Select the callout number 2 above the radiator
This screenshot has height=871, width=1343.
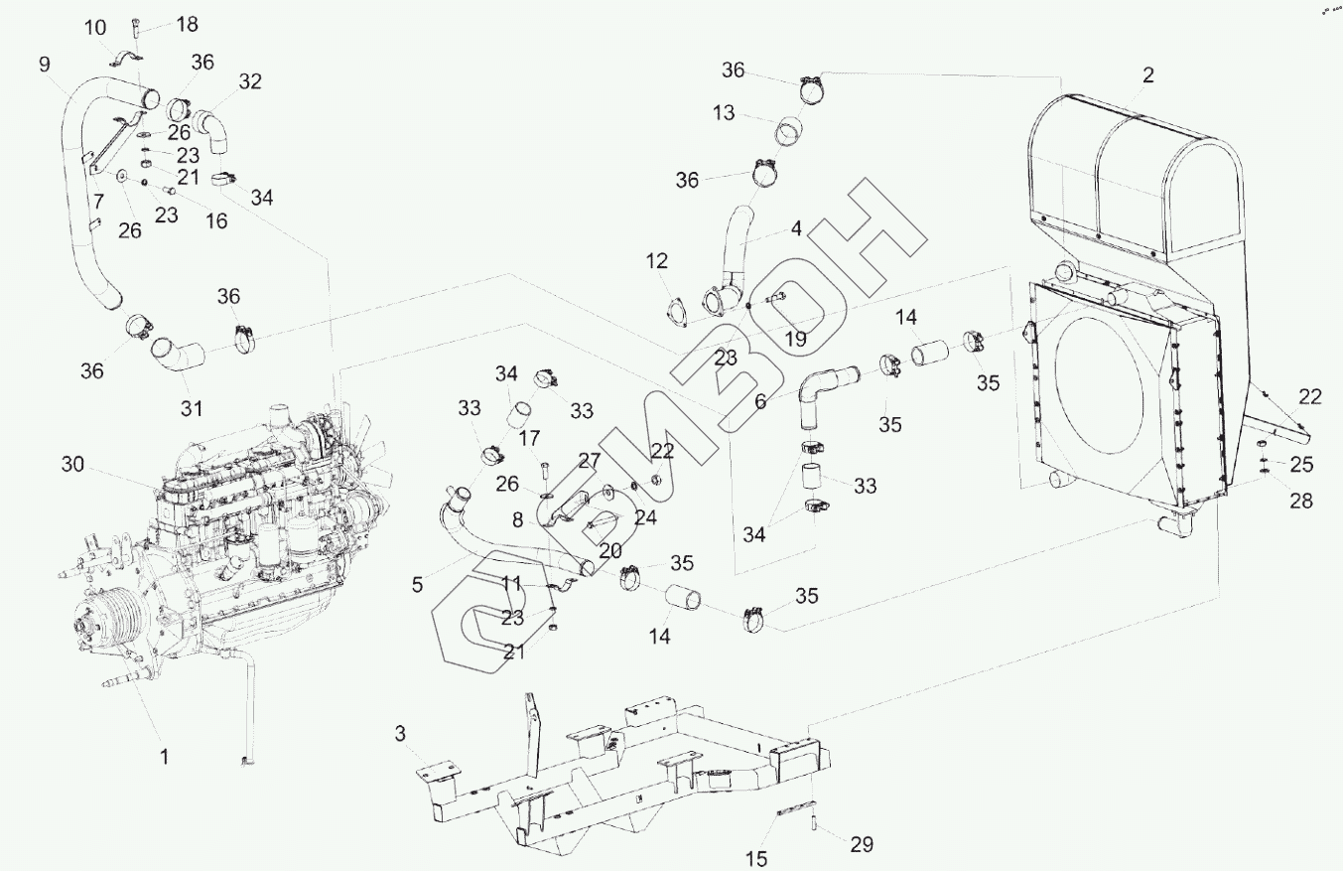click(x=1147, y=74)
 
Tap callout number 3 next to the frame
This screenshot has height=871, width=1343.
click(x=400, y=734)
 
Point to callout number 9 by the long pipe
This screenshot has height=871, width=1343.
click(x=45, y=65)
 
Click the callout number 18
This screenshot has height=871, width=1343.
click(x=187, y=24)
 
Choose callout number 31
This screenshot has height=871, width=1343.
click(x=191, y=407)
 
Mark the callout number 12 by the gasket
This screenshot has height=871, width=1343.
click(x=657, y=262)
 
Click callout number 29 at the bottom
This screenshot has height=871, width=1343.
click(x=862, y=844)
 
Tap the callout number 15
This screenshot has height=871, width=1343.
click(x=757, y=857)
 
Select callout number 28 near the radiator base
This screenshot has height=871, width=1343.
click(x=1301, y=501)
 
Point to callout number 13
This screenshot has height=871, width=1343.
click(x=724, y=113)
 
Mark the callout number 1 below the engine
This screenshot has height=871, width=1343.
click(x=165, y=756)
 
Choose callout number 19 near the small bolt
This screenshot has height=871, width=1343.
click(x=796, y=339)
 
